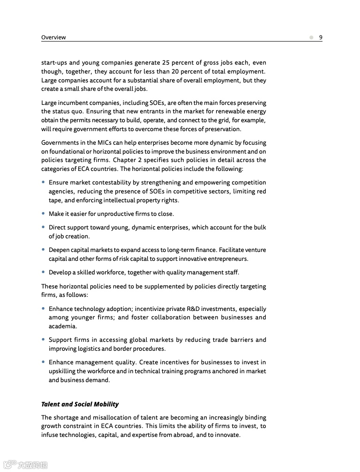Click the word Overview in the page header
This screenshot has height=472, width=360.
pyautogui.click(x=53, y=37)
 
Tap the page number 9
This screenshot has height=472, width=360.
pyautogui.click(x=321, y=37)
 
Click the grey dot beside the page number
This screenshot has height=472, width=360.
pyautogui.click(x=311, y=37)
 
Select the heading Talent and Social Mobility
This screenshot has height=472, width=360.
pyautogui.click(x=80, y=404)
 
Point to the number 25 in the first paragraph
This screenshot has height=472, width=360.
pyautogui.click(x=166, y=63)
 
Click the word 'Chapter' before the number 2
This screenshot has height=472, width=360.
pyautogui.click(x=125, y=160)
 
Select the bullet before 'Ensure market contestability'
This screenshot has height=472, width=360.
pyautogui.click(x=44, y=183)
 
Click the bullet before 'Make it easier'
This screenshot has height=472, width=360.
pyautogui.click(x=44, y=214)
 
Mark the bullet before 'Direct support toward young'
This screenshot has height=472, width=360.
pyautogui.click(x=44, y=228)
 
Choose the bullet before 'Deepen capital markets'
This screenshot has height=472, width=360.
pyautogui.click(x=44, y=250)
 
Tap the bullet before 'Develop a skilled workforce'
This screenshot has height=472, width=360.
pyautogui.click(x=44, y=273)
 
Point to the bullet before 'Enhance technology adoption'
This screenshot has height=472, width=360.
pyautogui.click(x=44, y=309)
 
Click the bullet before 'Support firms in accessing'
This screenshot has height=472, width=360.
pyautogui.click(x=44, y=340)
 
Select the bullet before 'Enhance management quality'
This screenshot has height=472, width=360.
pyautogui.click(x=44, y=362)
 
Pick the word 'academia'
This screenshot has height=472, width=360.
pyautogui.click(x=62, y=326)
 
